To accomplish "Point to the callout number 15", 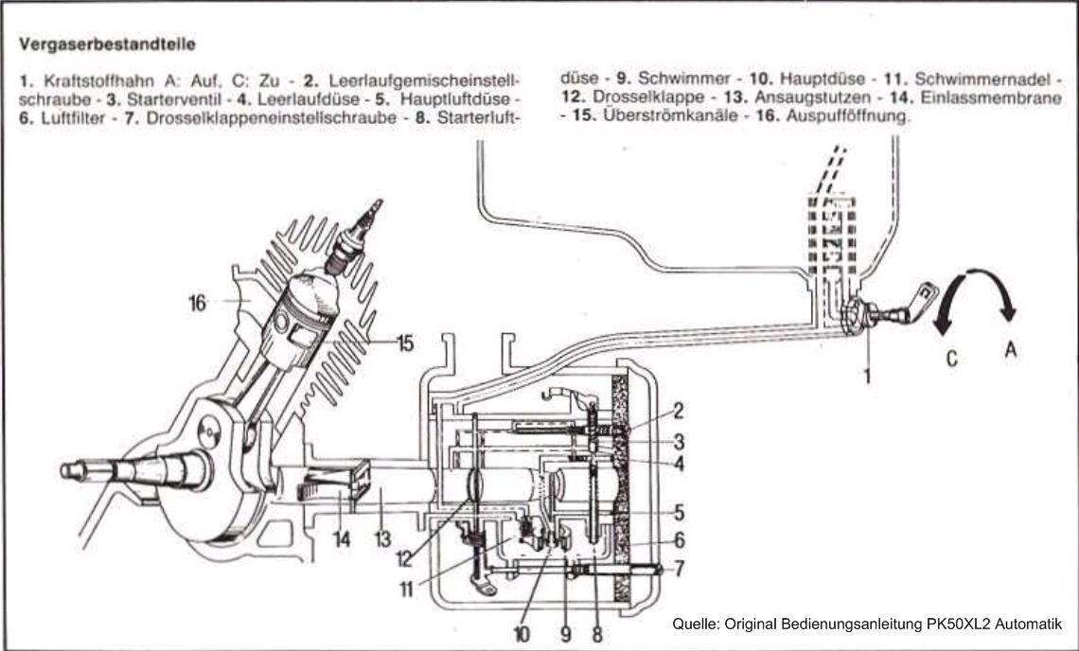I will coord(404,344).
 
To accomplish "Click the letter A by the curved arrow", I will coord(1010,349).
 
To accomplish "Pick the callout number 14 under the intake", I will coord(342,539).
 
